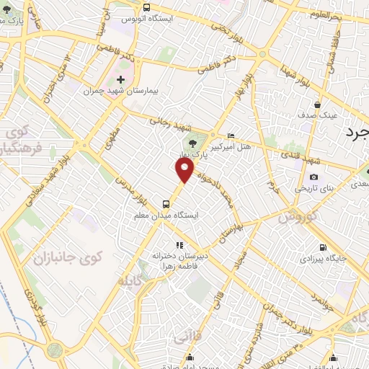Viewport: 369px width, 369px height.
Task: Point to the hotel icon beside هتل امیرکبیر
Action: click(x=231, y=135)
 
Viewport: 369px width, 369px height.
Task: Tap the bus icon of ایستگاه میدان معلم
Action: click(x=166, y=204)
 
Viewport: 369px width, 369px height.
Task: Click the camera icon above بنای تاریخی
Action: click(x=314, y=177)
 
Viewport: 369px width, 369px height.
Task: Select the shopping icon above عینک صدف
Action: click(x=316, y=105)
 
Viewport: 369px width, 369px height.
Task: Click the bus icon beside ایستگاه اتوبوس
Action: click(x=127, y=17)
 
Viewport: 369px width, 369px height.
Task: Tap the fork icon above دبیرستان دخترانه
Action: click(x=180, y=245)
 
